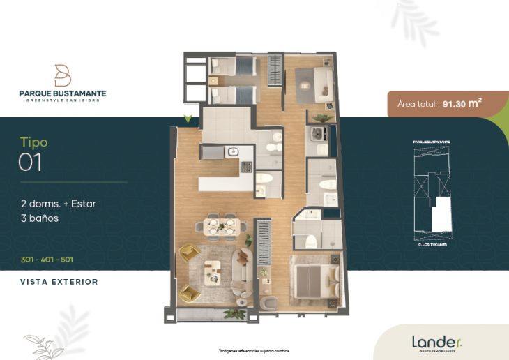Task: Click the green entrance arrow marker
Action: pyautogui.click(x=187, y=119)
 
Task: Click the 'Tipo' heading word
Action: pyautogui.click(x=33, y=143)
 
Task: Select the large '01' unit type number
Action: pyautogui.click(x=30, y=163)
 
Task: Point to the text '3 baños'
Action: pyautogui.click(x=39, y=218)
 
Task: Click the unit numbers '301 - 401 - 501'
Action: pyautogui.click(x=47, y=260)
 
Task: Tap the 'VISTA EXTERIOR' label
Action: pyautogui.click(x=59, y=282)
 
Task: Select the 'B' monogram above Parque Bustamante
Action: pyautogui.click(x=63, y=75)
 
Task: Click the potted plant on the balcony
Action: pyautogui.click(x=241, y=301)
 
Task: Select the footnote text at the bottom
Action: pyautogui.click(x=254, y=350)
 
